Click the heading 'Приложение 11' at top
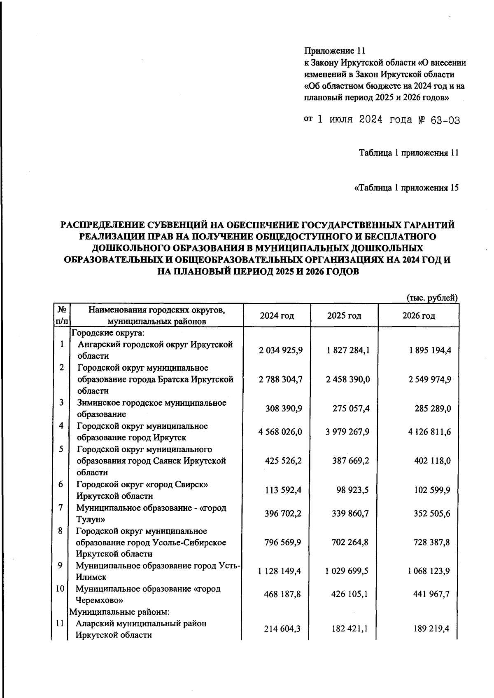(x=335, y=51)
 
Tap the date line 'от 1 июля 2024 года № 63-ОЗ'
(x=381, y=120)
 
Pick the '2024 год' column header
(x=277, y=316)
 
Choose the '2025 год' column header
(x=344, y=316)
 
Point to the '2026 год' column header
(x=418, y=316)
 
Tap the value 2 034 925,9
(x=281, y=350)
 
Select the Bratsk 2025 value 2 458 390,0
(x=348, y=379)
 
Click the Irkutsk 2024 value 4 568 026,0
(x=280, y=432)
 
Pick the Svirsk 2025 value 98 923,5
(x=351, y=490)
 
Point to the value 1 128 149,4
(x=280, y=571)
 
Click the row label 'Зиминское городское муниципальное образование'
(x=151, y=408)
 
